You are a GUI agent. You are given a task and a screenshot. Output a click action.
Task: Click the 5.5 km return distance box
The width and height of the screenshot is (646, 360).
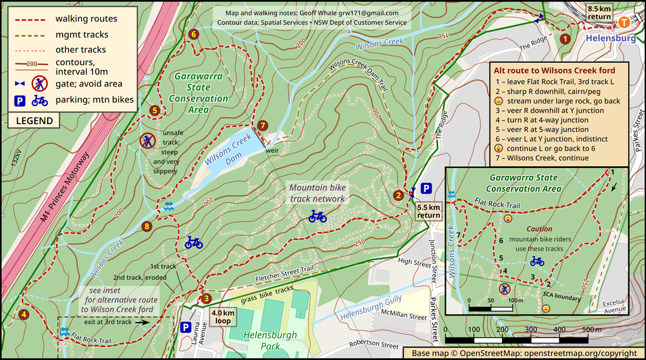(x=428, y=211)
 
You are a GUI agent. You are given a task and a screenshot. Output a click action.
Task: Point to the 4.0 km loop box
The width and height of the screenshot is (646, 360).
(x=224, y=317)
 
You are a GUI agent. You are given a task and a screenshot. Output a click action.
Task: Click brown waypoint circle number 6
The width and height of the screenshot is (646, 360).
(x=193, y=34)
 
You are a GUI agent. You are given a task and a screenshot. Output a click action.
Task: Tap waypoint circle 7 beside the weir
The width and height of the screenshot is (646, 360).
(x=262, y=125)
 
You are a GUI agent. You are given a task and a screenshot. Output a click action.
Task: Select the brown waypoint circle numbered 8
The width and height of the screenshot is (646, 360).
(x=147, y=226)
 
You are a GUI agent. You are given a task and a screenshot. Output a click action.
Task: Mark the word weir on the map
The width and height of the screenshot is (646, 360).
(x=271, y=151)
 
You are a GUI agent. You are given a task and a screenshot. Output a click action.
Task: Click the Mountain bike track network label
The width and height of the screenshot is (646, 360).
(x=317, y=193)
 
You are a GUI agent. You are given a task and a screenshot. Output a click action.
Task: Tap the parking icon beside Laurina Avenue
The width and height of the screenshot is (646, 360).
(x=185, y=327)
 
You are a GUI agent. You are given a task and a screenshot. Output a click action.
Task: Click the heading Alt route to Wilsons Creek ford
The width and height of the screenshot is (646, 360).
(x=554, y=70)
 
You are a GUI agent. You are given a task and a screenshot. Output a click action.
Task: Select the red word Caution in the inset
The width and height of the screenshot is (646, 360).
(x=539, y=229)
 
